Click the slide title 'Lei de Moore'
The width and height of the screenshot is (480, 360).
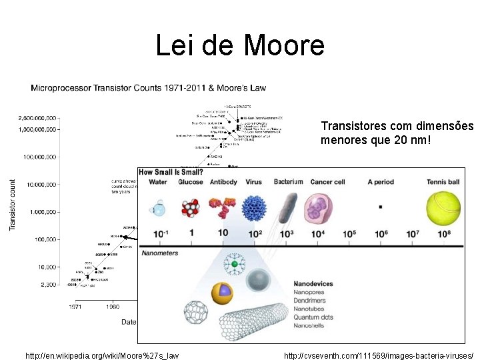coord(240,45)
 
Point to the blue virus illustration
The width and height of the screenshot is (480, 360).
coord(255,207)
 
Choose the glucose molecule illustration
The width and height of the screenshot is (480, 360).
coord(191,208)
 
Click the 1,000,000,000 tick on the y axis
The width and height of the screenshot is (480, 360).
coord(37,130)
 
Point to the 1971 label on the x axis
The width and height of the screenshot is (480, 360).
coord(76,307)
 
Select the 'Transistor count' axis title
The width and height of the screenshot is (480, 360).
coord(12,204)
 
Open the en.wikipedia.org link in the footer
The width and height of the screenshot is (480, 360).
coord(102,356)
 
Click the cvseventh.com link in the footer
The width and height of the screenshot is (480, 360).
coord(378,356)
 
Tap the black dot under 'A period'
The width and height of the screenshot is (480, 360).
coord(380,207)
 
